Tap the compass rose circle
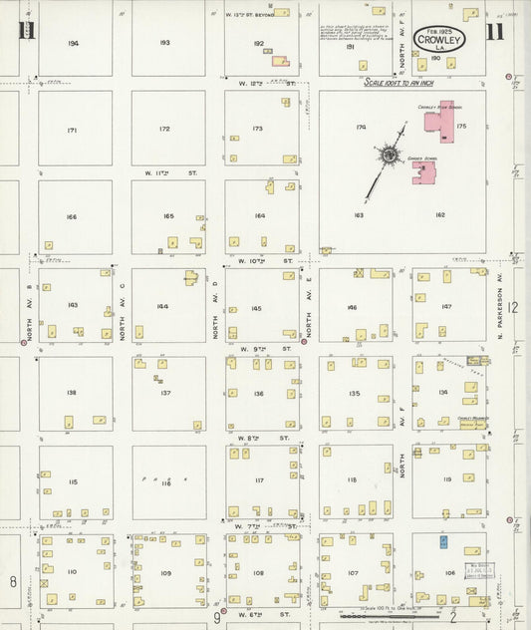(x=387, y=155)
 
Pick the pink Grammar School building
(x=425, y=173)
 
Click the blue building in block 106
(x=444, y=539)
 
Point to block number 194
(x=74, y=44)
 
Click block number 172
(x=164, y=130)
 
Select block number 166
(x=71, y=216)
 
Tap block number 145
(x=257, y=308)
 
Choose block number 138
(x=71, y=393)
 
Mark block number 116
(x=165, y=482)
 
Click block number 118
(x=351, y=480)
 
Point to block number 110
(x=71, y=571)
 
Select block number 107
(x=352, y=572)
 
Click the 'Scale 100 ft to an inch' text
(x=398, y=84)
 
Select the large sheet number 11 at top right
(x=494, y=31)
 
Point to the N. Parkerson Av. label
(x=499, y=305)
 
